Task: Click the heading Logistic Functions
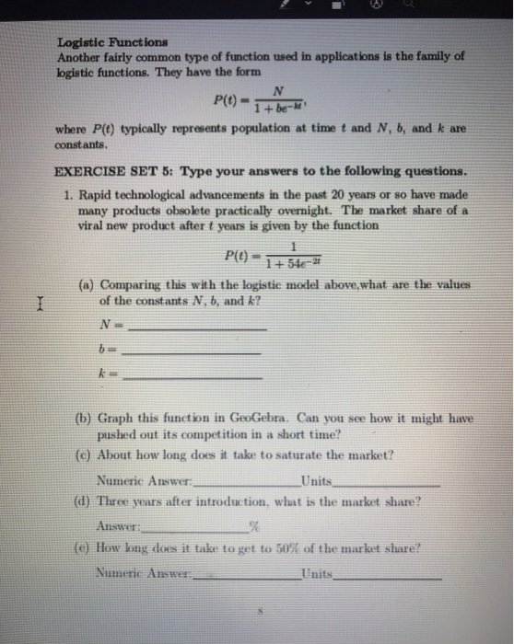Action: (112, 41)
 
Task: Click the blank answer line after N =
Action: (199, 328)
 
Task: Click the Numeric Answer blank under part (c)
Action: (248, 484)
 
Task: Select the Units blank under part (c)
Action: (390, 484)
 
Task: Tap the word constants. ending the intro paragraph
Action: (84, 145)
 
